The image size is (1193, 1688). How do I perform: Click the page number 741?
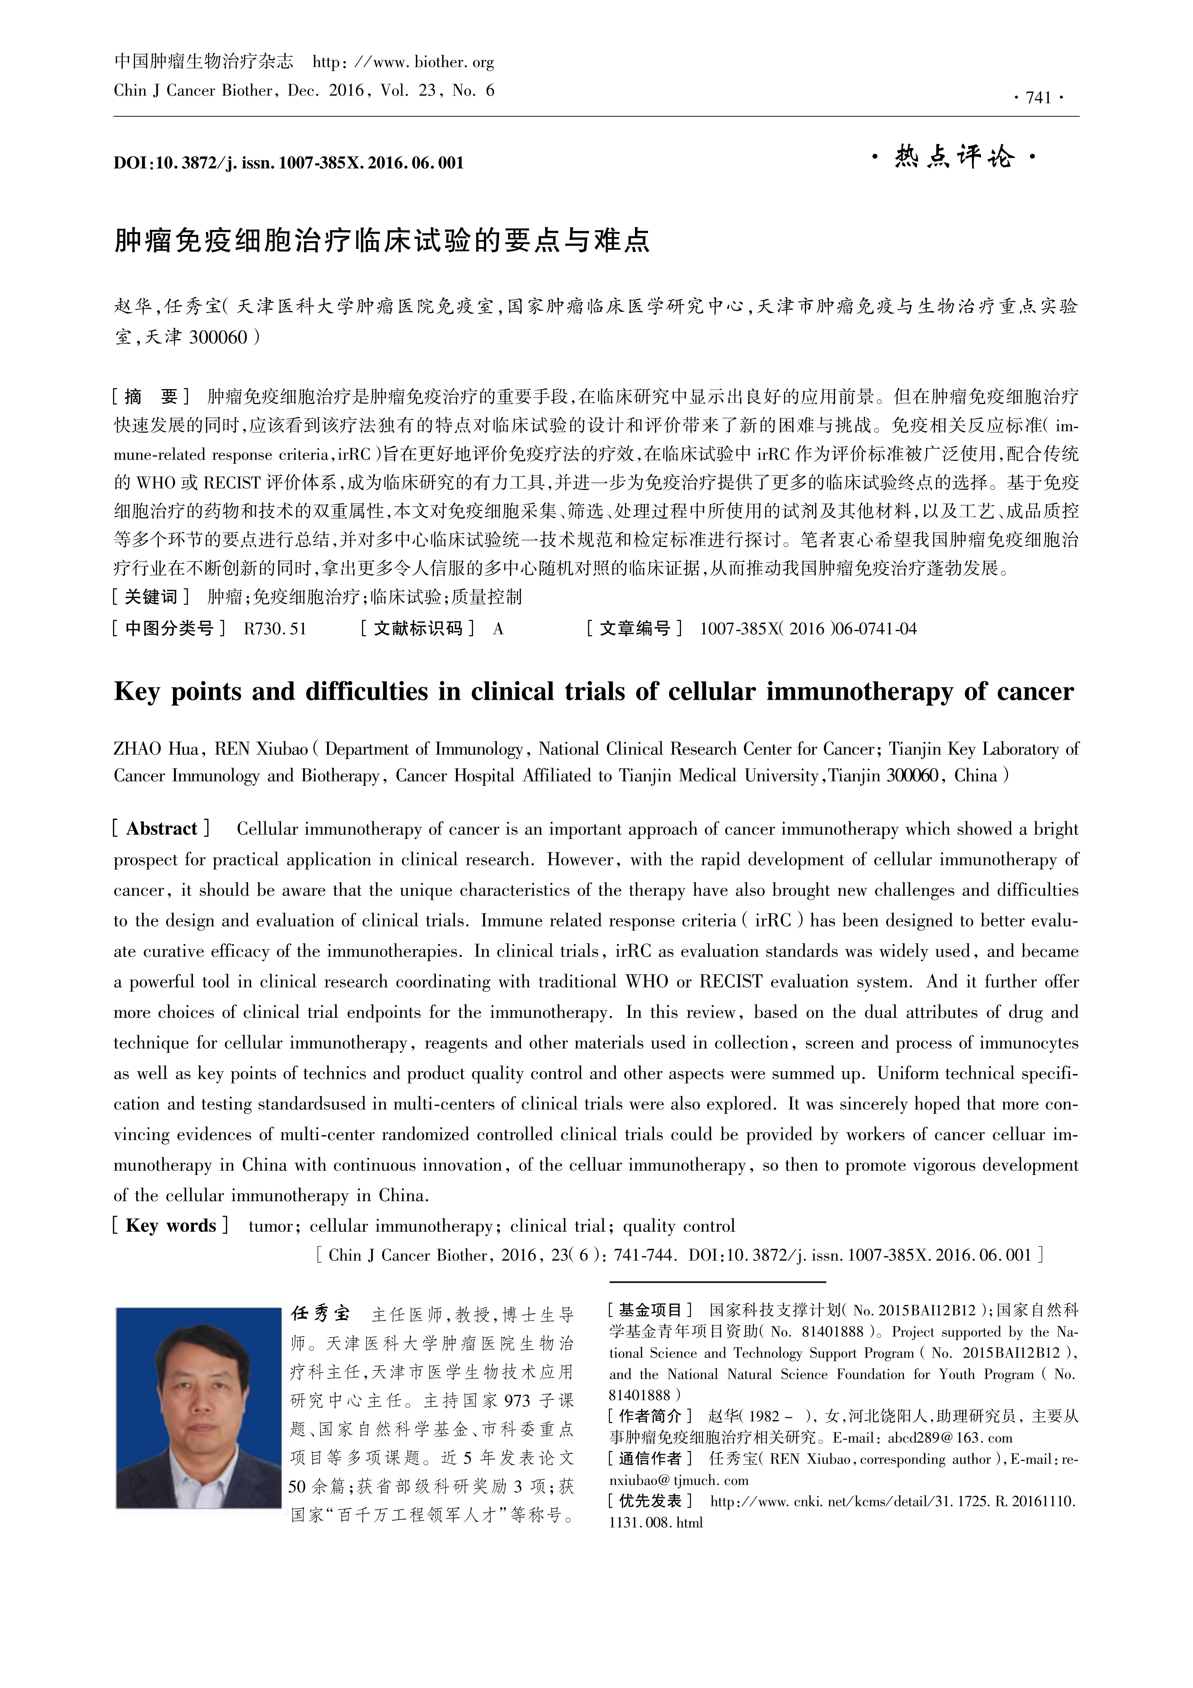pyautogui.click(x=1038, y=99)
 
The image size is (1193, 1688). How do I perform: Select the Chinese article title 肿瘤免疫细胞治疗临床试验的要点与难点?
pyautogui.click(x=382, y=240)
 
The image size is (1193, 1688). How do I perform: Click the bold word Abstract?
pyautogui.click(x=162, y=829)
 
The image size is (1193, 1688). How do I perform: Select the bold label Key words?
pyautogui.click(x=170, y=1225)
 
